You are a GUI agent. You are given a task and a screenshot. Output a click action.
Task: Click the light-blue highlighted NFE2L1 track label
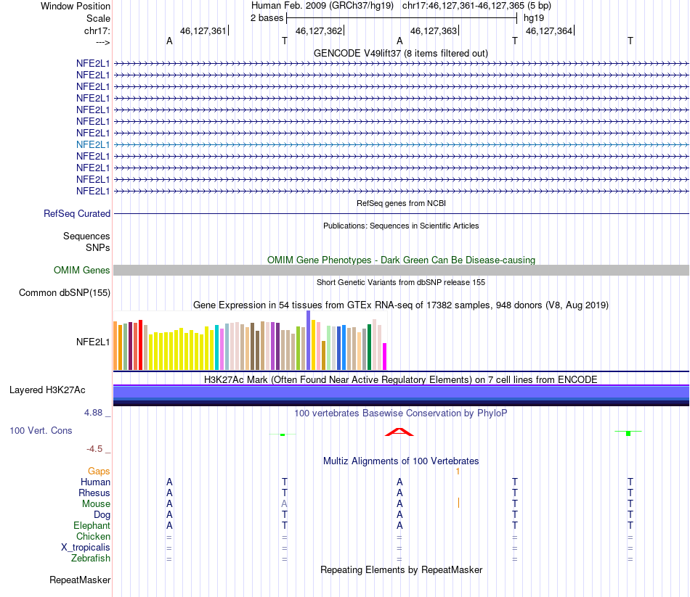[x=93, y=144]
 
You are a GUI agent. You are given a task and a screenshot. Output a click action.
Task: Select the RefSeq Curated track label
[x=77, y=214]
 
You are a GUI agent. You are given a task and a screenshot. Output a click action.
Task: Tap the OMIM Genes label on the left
[x=82, y=271]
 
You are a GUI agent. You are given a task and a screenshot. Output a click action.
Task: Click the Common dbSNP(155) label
[x=65, y=293]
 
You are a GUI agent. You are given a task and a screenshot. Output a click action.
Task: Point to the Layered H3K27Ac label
[x=47, y=390]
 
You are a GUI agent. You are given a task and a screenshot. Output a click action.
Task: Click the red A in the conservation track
[x=399, y=432]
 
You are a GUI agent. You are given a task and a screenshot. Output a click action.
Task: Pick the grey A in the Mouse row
[x=284, y=504]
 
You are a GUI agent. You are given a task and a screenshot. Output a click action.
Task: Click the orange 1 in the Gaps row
[x=458, y=472]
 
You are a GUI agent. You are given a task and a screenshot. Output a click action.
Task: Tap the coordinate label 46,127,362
[x=319, y=30]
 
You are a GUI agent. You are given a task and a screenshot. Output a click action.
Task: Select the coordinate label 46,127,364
[x=549, y=30]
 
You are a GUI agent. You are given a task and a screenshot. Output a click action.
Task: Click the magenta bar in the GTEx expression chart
[x=385, y=356]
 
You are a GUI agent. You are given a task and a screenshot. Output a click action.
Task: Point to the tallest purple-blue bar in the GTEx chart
[x=309, y=340]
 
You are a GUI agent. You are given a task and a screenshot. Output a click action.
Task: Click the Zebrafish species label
[x=91, y=559]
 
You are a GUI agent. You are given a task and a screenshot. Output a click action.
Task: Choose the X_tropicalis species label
[x=86, y=548]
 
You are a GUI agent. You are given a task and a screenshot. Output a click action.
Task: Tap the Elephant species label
[x=92, y=526]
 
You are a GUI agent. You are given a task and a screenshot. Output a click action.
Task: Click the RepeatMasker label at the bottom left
[x=80, y=580]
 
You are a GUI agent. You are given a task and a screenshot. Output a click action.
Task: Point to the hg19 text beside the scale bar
[x=534, y=18]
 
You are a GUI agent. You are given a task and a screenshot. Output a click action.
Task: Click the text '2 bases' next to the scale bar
[x=267, y=18]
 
